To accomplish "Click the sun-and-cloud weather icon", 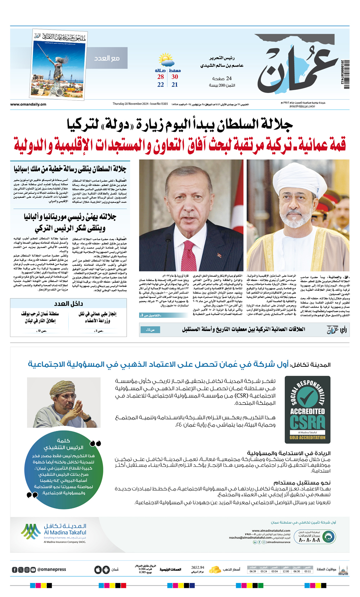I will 166,60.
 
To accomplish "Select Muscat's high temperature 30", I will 175,77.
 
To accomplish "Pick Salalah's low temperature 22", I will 161,85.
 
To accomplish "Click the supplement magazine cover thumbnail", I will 59,64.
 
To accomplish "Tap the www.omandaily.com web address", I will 28,104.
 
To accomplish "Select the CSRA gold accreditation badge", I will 307,410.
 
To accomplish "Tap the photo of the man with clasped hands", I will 64,402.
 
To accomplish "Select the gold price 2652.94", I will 198,567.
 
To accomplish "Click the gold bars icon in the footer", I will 215,570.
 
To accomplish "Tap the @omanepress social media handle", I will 51,570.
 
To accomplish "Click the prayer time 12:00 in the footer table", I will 285,571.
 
